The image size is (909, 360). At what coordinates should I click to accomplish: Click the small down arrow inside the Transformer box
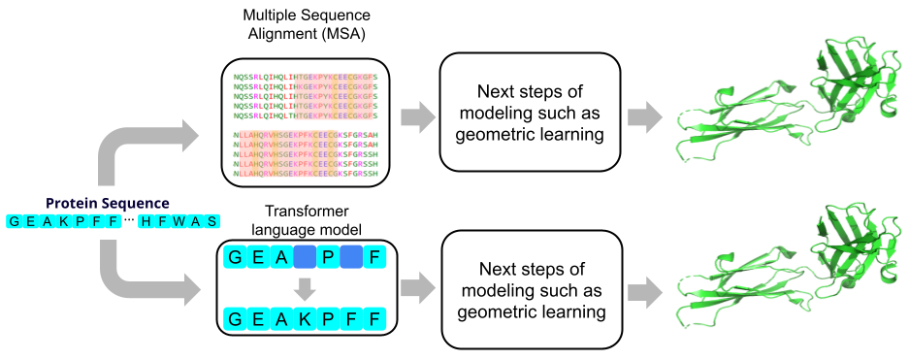(x=305, y=288)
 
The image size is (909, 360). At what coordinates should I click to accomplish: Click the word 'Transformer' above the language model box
(x=306, y=213)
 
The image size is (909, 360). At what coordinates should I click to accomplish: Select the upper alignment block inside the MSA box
(x=306, y=96)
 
